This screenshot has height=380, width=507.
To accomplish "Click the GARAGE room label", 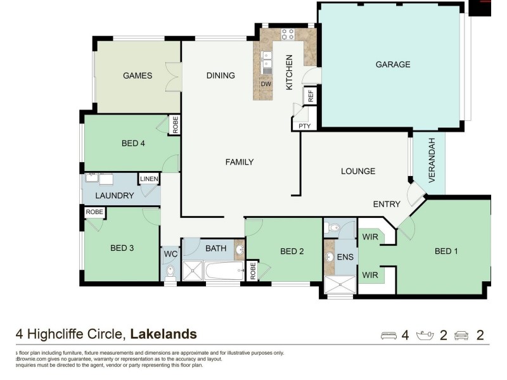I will pyautogui.click(x=392, y=64).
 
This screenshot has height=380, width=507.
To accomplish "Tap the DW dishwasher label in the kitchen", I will pyautogui.click(x=266, y=84).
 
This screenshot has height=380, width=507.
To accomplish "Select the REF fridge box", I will pyautogui.click(x=311, y=96).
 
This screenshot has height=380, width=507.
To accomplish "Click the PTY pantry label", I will pyautogui.click(x=305, y=126).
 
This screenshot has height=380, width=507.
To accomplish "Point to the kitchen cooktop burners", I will pyautogui.click(x=287, y=34).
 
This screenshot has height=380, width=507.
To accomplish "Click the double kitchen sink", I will pyautogui.click(x=267, y=62).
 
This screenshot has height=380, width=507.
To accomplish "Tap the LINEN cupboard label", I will pyautogui.click(x=149, y=180).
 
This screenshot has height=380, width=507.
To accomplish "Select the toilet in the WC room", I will pyautogui.click(x=170, y=272).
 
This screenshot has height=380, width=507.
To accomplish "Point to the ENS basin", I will pyautogui.click(x=330, y=257).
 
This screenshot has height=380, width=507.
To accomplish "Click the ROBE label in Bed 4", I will pyautogui.click(x=175, y=124).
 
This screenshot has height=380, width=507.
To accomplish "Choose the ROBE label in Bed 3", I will pyautogui.click(x=94, y=212).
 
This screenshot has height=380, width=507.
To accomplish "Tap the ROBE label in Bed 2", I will pyautogui.click(x=252, y=270).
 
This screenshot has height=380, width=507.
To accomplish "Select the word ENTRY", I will pyautogui.click(x=387, y=204).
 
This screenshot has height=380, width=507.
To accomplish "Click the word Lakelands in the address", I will pyautogui.click(x=164, y=334).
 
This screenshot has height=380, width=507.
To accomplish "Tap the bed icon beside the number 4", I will pyautogui.click(x=388, y=335).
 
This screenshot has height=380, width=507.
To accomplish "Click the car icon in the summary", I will pyautogui.click(x=462, y=335).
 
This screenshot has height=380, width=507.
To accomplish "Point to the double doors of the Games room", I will pyautogui.click(x=173, y=77).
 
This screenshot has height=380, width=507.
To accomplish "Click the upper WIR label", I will pyautogui.click(x=370, y=237).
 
